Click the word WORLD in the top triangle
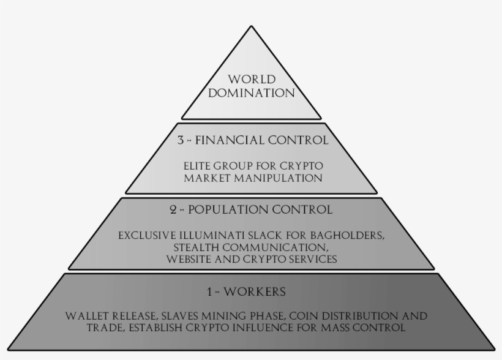(x=251, y=80)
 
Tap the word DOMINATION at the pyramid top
(x=251, y=94)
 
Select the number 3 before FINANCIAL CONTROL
(x=181, y=140)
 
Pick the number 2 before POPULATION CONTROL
(x=173, y=210)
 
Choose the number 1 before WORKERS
(x=210, y=291)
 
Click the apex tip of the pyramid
(x=251, y=27)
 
